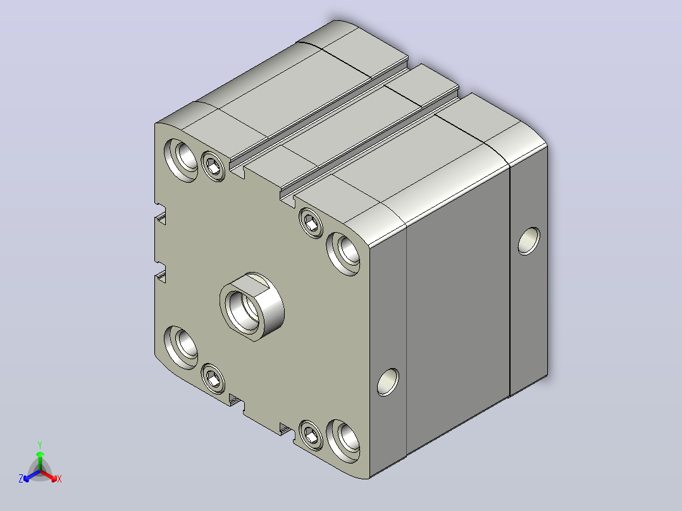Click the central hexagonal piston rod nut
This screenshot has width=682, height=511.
pos(252,307)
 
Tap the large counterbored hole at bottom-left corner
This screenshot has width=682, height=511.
pos(181,348)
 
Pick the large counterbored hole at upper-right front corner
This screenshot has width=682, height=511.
pos(344,254)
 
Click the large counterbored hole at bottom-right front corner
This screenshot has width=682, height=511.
pos(343,441)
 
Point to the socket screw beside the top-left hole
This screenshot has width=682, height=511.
pos(213,166)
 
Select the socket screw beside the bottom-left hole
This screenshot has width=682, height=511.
pos(213,378)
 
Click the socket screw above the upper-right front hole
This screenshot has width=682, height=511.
pos(311,223)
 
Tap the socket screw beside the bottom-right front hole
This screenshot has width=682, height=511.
pos(311,435)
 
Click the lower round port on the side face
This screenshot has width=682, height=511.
pos(388,382)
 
